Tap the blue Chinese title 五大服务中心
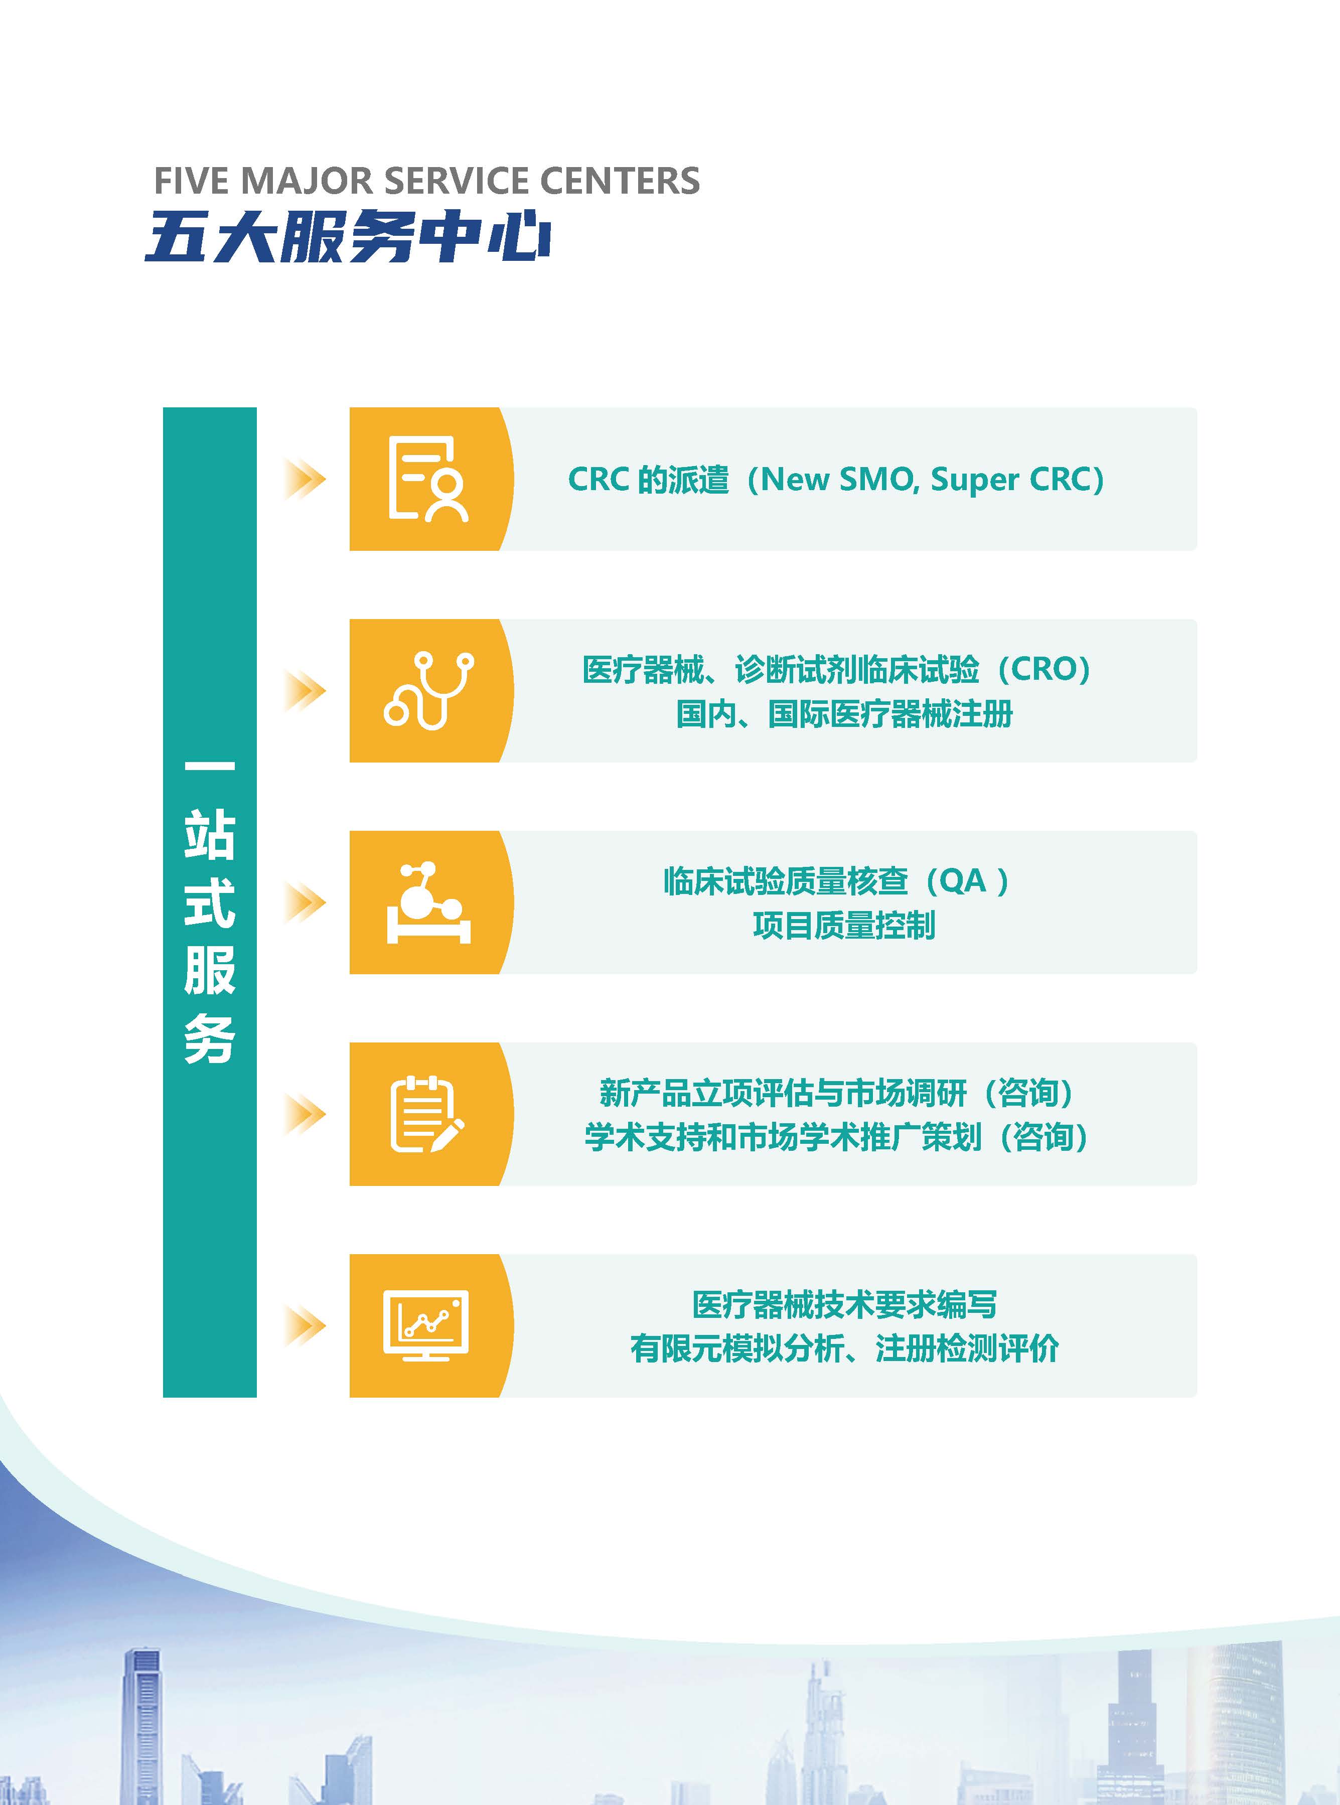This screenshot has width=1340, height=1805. [x=349, y=237]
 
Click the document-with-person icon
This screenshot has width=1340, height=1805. [x=427, y=479]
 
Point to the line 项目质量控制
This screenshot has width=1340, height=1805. [x=844, y=925]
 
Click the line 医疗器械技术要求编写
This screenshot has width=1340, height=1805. [x=844, y=1305]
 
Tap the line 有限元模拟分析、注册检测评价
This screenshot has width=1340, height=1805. [x=844, y=1349]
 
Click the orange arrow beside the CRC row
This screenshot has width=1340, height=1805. [x=305, y=479]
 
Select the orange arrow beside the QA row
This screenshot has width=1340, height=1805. [x=305, y=902]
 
